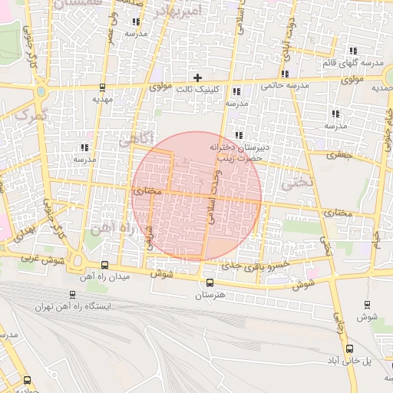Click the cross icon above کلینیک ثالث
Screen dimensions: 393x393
point(198,78)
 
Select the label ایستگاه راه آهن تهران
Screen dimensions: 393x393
point(73,305)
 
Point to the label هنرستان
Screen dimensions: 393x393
point(210,295)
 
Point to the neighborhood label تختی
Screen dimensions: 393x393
point(298,183)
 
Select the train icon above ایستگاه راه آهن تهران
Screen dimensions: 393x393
point(72,293)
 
